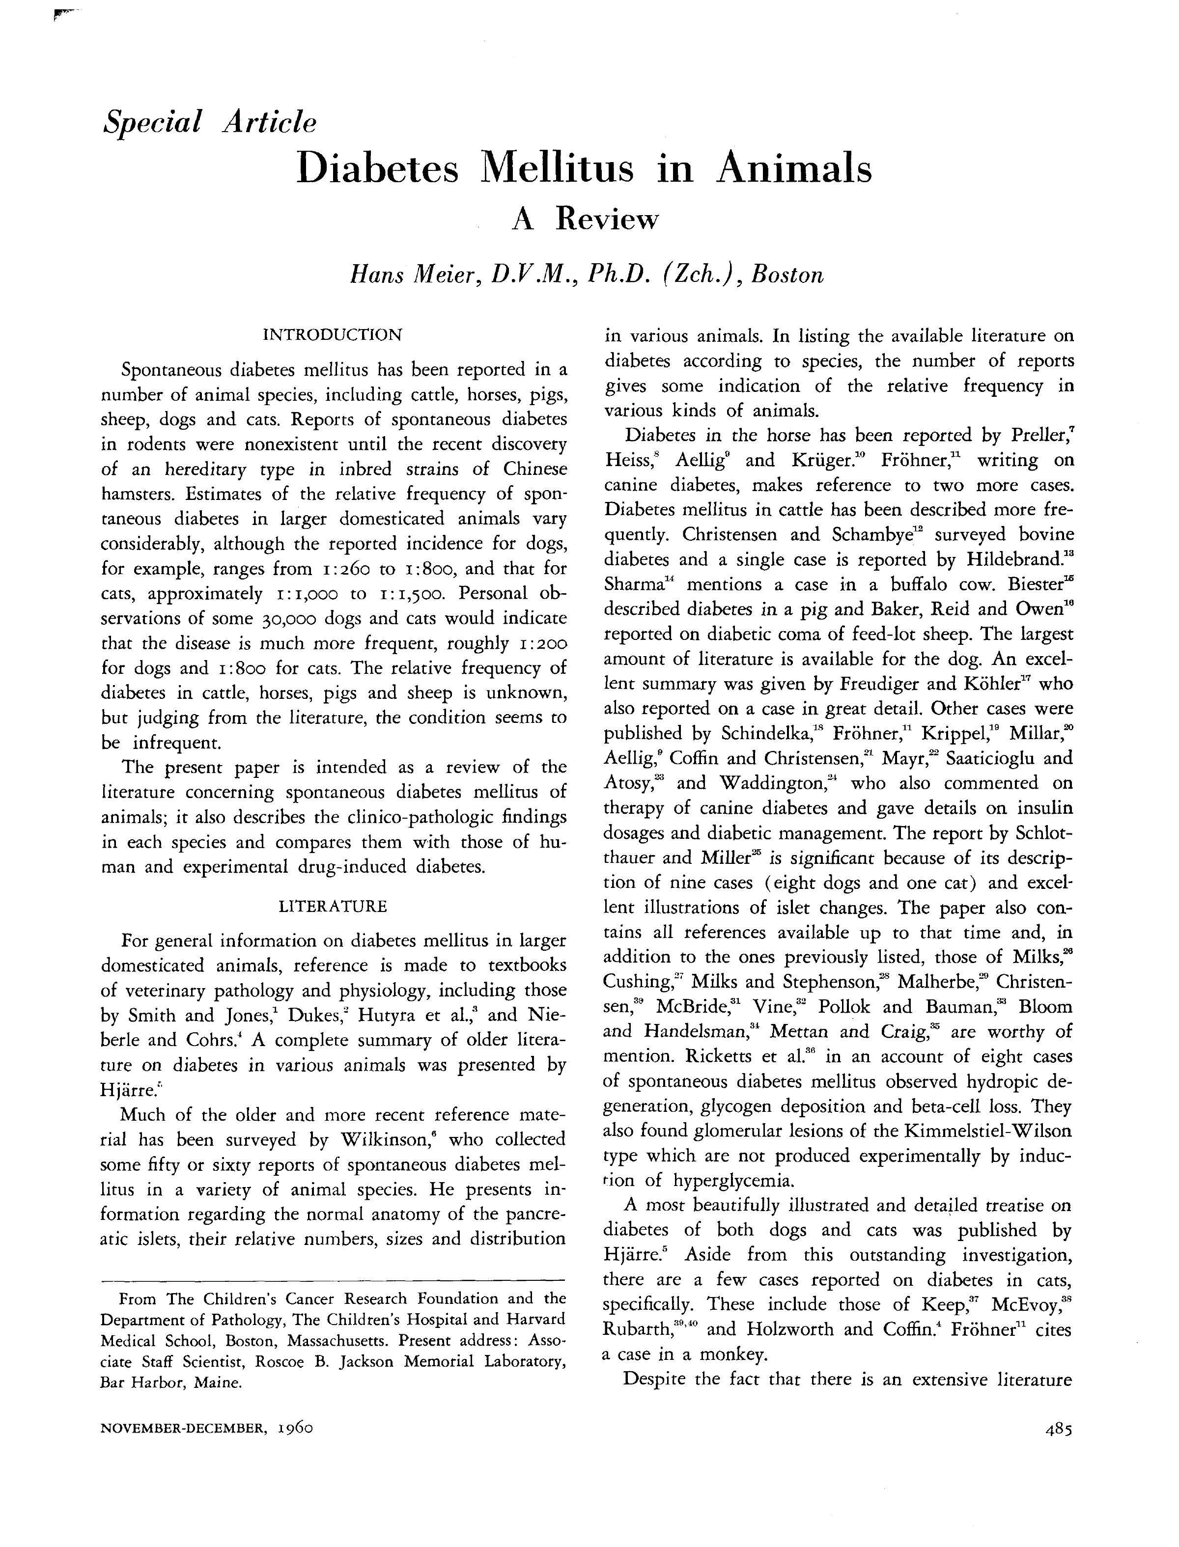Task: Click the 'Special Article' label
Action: click(209, 122)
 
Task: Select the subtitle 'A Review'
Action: click(586, 220)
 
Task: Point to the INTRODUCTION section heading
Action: click(332, 334)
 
